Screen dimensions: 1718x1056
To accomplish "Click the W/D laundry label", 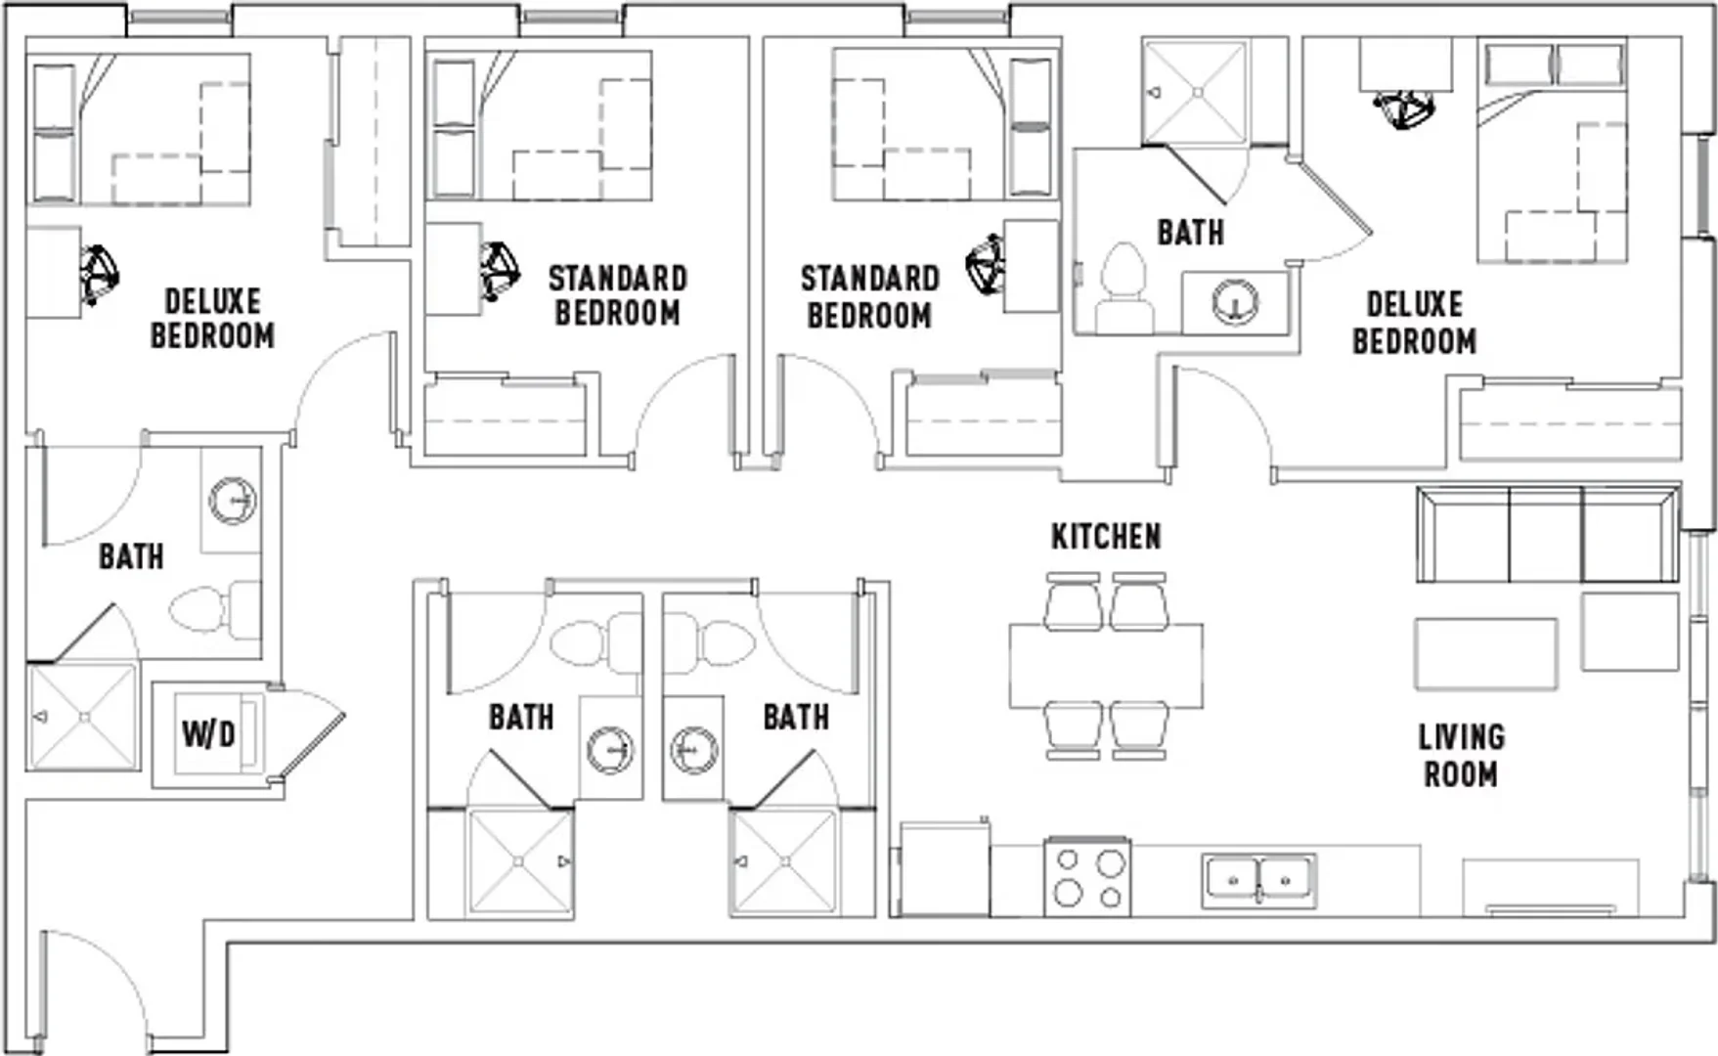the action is pos(208,732).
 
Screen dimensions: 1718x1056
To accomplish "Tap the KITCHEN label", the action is pos(1106,537).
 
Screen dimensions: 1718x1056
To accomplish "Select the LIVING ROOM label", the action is pos(1461,756).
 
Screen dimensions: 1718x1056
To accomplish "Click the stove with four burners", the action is pos(1087,877).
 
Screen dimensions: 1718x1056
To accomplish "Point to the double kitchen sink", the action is pos(1258,880).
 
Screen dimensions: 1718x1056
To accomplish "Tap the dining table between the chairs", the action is pos(1106,666).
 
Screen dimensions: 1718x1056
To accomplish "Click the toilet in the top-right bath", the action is pos(1123,284).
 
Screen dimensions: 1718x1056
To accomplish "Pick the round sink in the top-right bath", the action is pos(1236,301).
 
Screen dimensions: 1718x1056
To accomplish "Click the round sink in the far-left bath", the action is pos(233,500).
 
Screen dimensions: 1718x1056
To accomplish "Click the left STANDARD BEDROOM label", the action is pos(617,295).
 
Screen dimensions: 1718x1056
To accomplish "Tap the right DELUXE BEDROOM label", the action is pos(1414,323).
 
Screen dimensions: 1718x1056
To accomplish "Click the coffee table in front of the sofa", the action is pos(1486,653).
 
